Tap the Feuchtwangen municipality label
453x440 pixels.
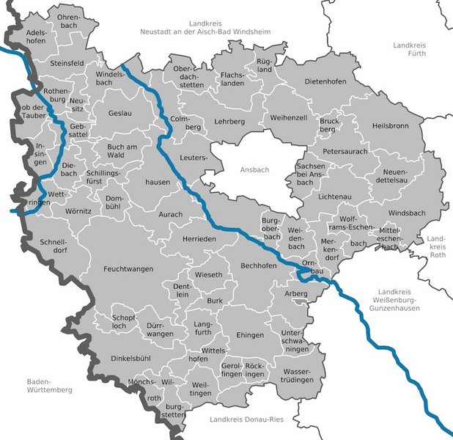(128, 269)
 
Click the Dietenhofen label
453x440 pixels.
(323, 81)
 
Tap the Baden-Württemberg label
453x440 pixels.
(49, 386)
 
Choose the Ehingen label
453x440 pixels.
(250, 335)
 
